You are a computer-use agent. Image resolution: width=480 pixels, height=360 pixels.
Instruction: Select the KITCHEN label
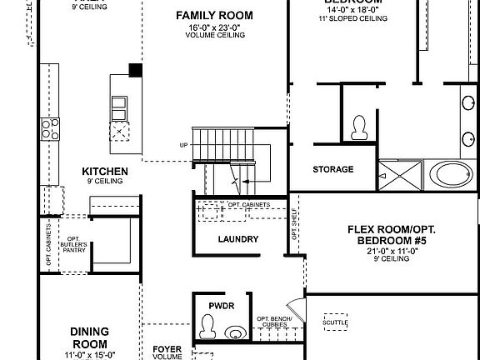click(104, 172)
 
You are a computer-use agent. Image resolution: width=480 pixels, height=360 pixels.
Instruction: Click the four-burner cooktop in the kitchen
click(51, 128)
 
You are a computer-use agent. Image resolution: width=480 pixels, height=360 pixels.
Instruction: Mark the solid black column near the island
click(134, 71)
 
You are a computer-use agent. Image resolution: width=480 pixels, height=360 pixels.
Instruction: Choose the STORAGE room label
click(332, 169)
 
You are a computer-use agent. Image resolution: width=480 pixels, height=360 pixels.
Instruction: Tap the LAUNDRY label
click(237, 239)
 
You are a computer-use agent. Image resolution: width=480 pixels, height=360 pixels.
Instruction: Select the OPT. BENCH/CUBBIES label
click(279, 321)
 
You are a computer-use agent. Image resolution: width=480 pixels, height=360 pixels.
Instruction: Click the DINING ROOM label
click(88, 337)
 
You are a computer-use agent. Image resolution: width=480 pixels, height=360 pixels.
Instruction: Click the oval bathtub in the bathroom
click(453, 175)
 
